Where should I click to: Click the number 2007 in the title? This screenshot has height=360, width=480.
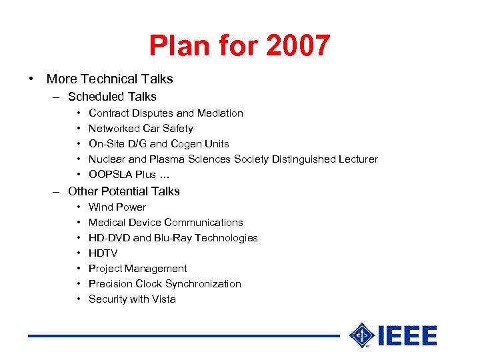(x=297, y=46)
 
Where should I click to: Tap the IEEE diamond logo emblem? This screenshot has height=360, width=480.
(x=362, y=336)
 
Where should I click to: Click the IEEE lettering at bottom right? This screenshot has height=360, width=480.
(x=407, y=336)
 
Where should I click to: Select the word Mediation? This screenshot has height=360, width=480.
(x=220, y=113)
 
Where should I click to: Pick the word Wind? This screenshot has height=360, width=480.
(x=101, y=207)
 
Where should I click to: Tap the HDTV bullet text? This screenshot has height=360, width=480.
(x=103, y=253)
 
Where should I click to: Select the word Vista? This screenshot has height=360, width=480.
(x=163, y=299)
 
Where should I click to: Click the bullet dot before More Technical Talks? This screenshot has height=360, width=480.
(x=31, y=79)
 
